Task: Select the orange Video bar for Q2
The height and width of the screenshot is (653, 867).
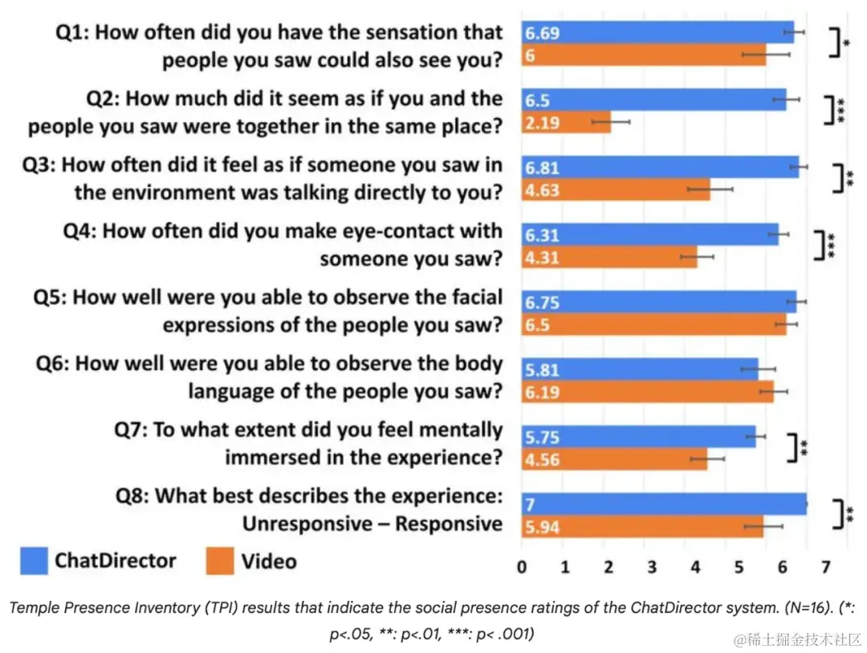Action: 566,123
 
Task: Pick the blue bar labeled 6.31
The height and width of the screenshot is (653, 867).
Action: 649,235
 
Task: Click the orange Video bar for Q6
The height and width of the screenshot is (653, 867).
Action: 647,393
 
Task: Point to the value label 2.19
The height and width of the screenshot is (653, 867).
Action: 543,123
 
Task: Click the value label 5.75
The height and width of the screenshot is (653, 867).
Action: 543,438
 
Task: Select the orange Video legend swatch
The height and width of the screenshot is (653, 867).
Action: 220,561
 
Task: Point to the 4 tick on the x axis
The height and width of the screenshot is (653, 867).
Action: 695,567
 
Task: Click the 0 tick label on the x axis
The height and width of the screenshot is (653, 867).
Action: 523,567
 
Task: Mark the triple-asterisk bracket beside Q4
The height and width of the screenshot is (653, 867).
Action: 822,246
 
